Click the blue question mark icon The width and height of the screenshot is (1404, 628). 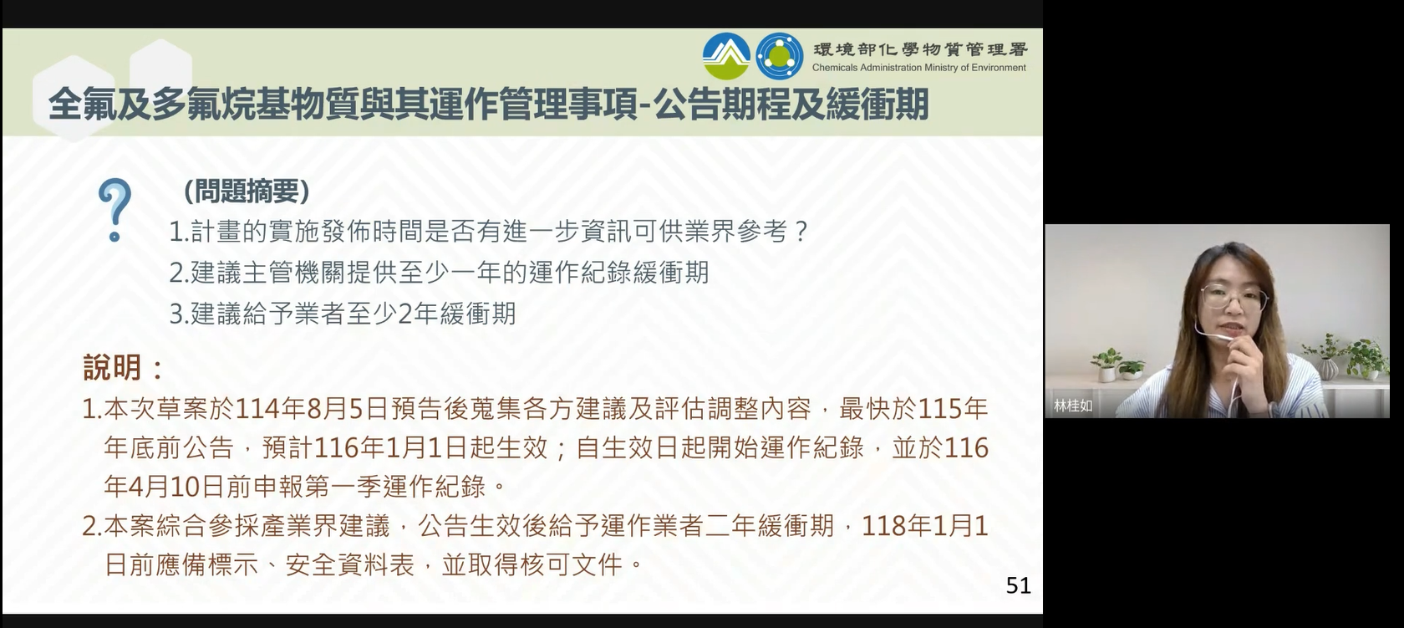[114, 210]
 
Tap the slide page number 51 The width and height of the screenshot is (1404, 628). [1018, 585]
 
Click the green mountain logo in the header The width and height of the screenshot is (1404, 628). [725, 57]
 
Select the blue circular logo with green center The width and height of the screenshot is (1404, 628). [779, 57]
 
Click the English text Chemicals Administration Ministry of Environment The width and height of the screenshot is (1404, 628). [919, 68]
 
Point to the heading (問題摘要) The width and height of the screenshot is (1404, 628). [247, 191]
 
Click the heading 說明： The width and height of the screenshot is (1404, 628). [124, 367]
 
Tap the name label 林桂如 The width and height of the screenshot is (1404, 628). [1073, 406]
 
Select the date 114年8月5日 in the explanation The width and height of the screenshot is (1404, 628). [312, 409]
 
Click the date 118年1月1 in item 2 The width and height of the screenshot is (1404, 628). [925, 526]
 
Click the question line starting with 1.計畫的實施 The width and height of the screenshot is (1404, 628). [489, 232]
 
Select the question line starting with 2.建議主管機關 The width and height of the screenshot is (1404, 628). [439, 273]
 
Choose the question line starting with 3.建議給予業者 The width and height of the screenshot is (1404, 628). [343, 313]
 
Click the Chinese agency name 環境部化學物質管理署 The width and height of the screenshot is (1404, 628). [920, 49]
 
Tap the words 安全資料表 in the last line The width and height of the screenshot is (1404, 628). [350, 564]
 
